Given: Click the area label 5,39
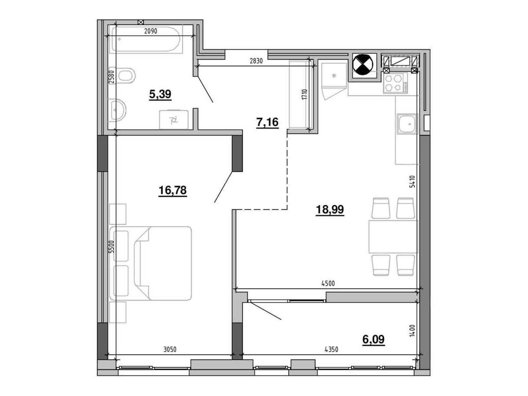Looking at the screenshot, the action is click(160, 94).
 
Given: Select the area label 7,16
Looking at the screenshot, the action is click(267, 122).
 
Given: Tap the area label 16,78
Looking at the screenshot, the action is click(173, 190).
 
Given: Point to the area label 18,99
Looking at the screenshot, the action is click(330, 210).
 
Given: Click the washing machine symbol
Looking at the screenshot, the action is click(174, 120).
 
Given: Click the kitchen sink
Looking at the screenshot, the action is click(408, 124).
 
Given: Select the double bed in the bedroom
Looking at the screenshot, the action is click(150, 263).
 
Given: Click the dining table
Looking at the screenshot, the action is click(393, 237).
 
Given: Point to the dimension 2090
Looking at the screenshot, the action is click(150, 31).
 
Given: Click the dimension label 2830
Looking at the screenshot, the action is click(256, 61).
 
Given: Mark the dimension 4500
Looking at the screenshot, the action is click(328, 284).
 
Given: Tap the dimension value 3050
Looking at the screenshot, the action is click(170, 349).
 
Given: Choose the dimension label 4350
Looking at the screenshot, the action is click(331, 349).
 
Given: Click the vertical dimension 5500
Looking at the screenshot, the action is click(112, 247).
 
